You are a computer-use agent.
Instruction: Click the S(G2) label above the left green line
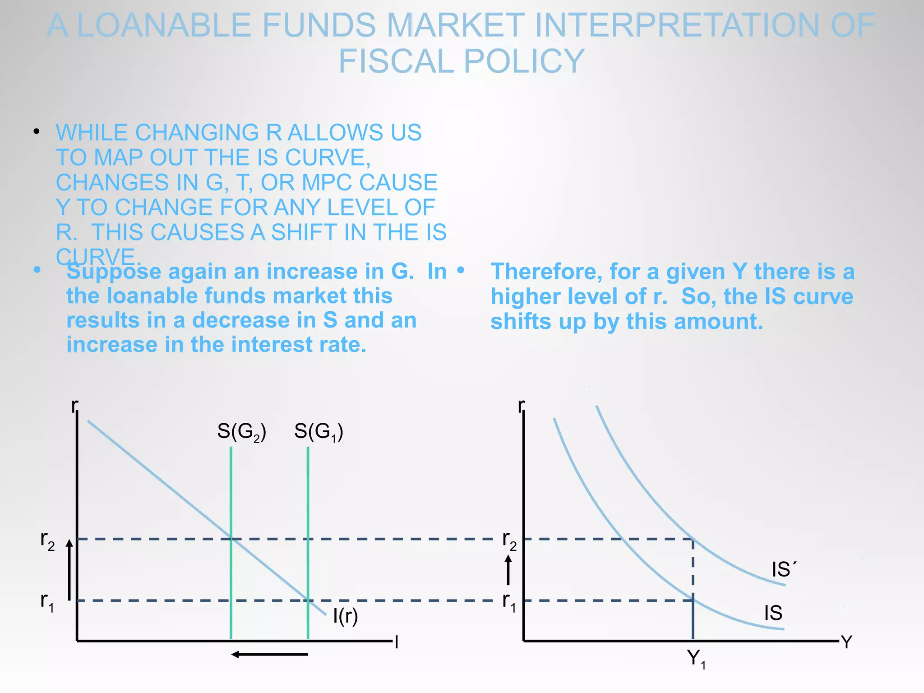pos(241,431)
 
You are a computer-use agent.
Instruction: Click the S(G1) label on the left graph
pos(319,431)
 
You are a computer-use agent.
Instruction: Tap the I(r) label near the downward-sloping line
pos(345,616)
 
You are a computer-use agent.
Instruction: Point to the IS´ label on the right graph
pos(784,569)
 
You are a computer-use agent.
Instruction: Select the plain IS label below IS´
pos(773,613)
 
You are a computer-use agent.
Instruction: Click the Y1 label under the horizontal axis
pos(696,659)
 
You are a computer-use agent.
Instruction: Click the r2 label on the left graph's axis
pos(47,540)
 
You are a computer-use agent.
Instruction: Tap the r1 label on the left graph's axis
pos(47,602)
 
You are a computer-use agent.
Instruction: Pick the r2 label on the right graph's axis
pos(509,540)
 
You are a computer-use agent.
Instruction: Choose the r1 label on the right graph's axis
pos(509,602)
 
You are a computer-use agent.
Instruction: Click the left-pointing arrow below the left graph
pos(269,654)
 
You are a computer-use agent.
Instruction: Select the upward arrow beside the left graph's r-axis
pos(69,569)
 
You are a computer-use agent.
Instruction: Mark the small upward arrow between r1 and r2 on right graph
pos(508,569)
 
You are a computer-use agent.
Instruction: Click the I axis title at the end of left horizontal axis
pos(396,642)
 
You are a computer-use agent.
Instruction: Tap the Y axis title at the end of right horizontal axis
pos(846,642)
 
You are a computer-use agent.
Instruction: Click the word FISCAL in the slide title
pos(397,61)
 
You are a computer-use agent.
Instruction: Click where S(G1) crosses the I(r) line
pos(308,601)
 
